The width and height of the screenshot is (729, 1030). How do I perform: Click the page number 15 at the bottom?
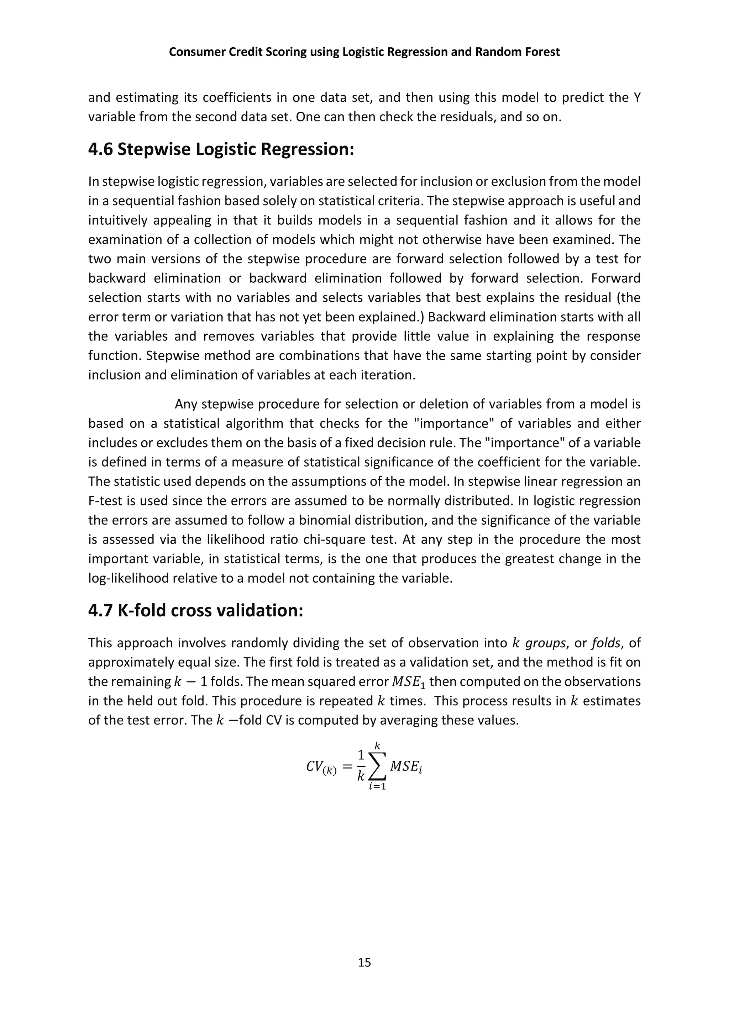point(364,962)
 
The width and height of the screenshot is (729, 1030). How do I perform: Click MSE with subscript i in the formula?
point(406,767)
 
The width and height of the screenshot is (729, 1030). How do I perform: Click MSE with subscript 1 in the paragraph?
point(409,682)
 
